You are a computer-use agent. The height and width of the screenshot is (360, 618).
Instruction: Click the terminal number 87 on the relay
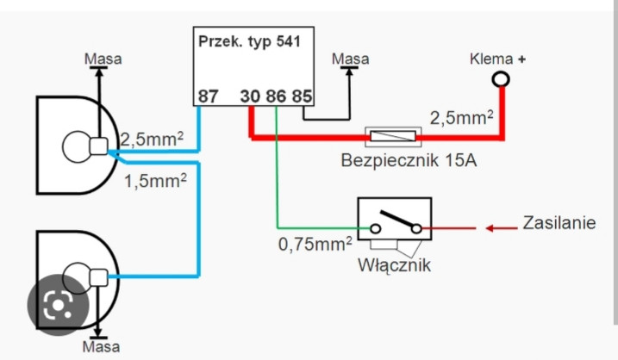[209, 96]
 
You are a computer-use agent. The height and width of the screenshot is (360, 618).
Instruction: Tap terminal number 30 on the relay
[250, 96]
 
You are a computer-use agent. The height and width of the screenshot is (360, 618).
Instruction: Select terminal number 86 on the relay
[276, 96]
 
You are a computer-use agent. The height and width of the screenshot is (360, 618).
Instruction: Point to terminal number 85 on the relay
[301, 96]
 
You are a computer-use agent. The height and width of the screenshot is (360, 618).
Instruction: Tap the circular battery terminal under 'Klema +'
[501, 80]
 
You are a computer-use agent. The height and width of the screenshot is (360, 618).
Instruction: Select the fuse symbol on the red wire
[391, 135]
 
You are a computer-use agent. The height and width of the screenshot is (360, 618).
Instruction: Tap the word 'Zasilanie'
[559, 223]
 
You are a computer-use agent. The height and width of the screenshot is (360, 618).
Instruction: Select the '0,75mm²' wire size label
[315, 245]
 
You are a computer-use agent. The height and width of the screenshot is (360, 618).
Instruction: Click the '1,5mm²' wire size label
[154, 182]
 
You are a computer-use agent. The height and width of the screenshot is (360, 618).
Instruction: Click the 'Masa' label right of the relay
[350, 59]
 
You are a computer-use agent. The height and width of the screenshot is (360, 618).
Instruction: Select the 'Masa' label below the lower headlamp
[101, 347]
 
